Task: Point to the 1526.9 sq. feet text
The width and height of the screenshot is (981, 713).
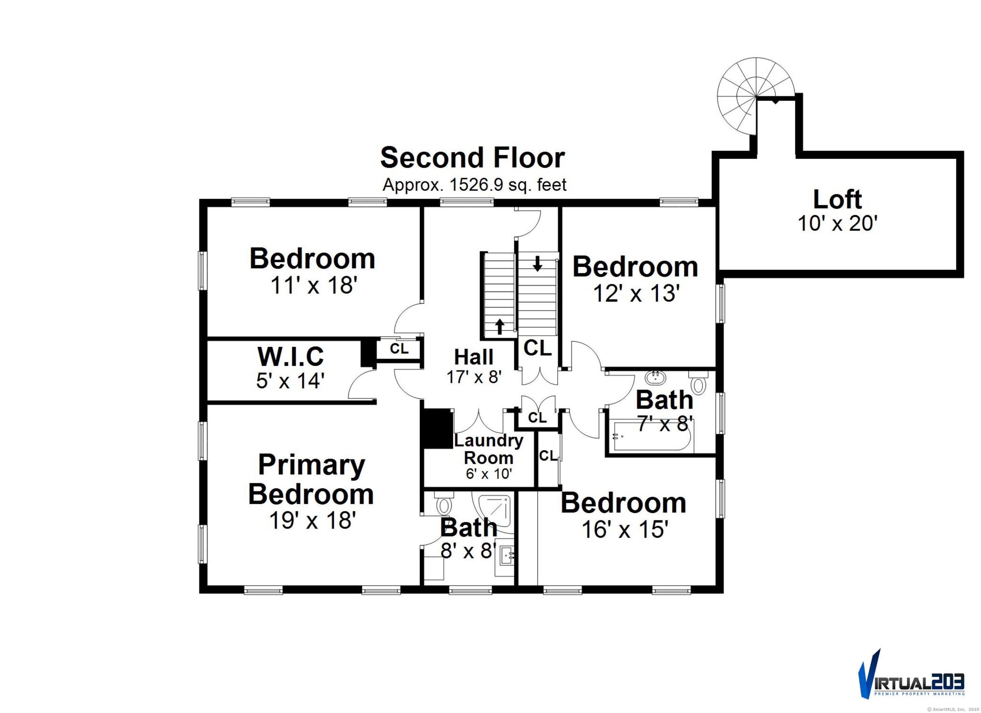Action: (508, 185)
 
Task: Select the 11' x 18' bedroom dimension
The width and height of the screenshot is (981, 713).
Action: (314, 285)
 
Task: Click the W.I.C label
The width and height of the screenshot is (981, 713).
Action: (290, 356)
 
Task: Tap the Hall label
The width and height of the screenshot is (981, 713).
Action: (474, 357)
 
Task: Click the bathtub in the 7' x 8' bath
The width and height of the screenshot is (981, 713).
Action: (653, 438)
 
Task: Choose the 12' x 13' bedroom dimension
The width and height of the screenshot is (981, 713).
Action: (634, 294)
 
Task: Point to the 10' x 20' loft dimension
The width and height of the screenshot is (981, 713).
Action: (837, 223)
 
